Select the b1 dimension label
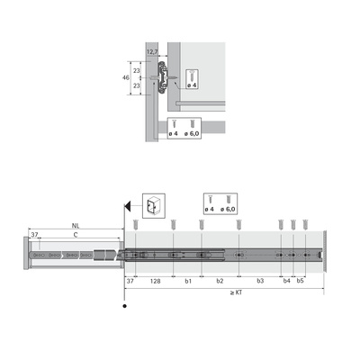(x=187, y=282)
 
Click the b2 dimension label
(x=220, y=282)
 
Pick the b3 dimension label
(x=260, y=282)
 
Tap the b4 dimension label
(x=287, y=282)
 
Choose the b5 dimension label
(x=301, y=282)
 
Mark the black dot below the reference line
(x=124, y=306)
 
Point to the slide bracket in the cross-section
(x=160, y=76)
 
